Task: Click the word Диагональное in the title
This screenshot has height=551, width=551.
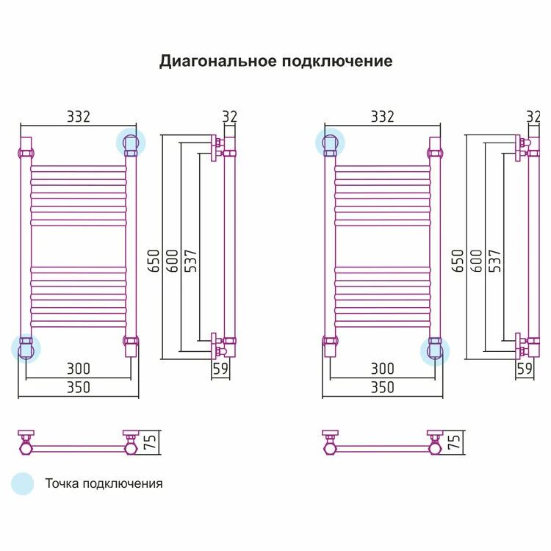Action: coord(218,61)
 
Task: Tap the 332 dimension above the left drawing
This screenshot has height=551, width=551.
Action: coord(78,117)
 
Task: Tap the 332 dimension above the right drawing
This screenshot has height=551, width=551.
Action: coord(382,117)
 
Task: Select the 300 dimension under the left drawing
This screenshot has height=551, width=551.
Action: coord(78,369)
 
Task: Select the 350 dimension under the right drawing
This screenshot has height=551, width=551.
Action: coord(382,387)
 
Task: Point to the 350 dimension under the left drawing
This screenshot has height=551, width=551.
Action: coord(78,387)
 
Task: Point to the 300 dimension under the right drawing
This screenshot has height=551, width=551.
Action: coord(382,369)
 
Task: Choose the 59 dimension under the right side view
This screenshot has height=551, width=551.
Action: coord(524,369)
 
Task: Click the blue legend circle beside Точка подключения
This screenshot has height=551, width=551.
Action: coord(23,483)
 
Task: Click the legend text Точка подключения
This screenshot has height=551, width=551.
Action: coord(104,483)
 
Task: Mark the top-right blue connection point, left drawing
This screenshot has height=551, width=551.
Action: coord(132,143)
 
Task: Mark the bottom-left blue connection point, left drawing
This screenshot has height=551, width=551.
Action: coord(26,347)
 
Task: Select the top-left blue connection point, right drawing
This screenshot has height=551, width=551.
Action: coord(331,143)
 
